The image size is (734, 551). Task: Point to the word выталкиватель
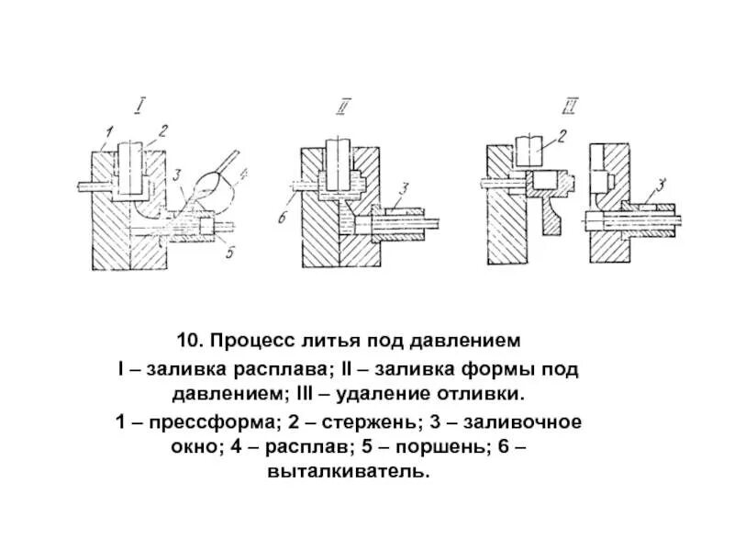[367, 473]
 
